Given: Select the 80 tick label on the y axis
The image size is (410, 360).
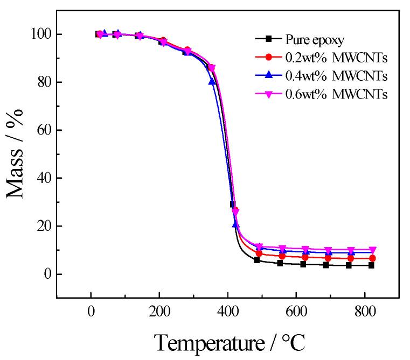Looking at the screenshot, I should [42, 82].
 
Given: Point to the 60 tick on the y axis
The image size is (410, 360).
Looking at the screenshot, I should [42, 130].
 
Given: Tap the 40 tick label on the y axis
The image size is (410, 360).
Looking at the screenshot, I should [42, 178].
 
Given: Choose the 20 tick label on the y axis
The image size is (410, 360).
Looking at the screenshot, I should [42, 226].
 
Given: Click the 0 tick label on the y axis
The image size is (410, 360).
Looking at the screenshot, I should [46, 274].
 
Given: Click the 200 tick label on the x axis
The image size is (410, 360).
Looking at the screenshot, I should [159, 312].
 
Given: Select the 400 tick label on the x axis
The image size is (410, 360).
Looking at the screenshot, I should [227, 312].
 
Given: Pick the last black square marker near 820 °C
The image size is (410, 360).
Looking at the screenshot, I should [371, 265].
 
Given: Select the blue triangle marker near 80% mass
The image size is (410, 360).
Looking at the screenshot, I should [212, 81].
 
